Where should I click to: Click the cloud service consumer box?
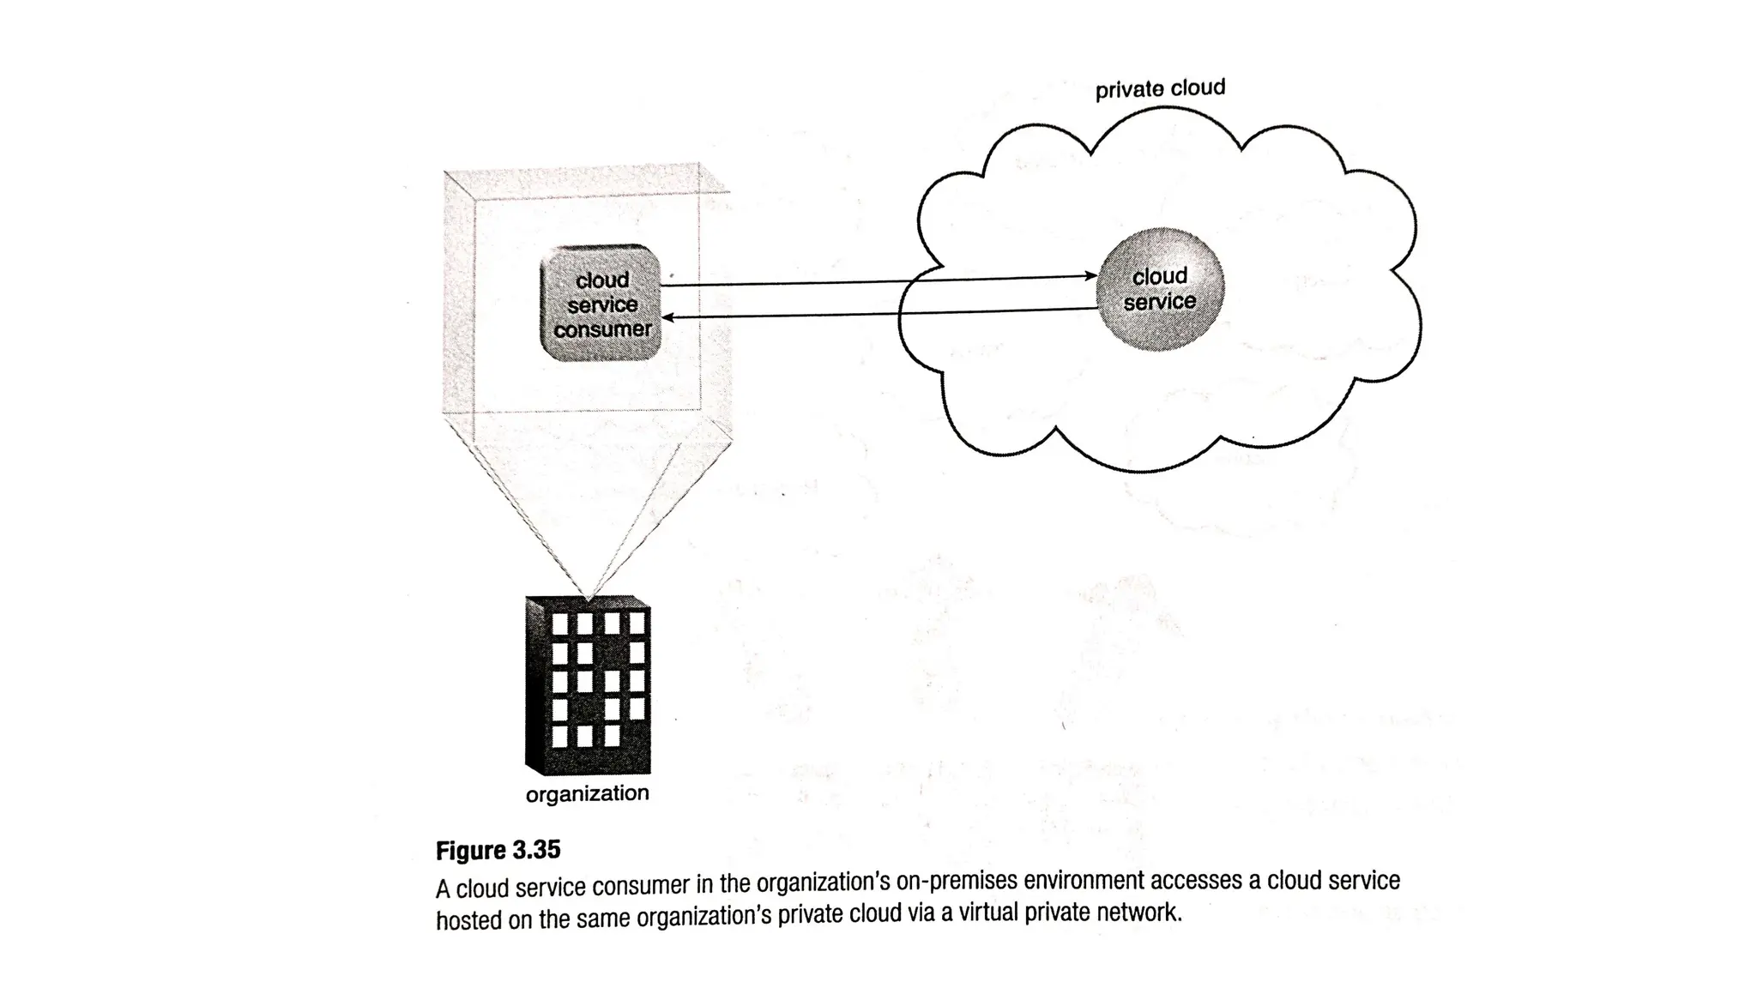coord(601,303)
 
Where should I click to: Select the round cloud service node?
coord(1160,289)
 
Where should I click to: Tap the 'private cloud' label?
coord(1160,89)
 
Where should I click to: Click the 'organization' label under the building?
coord(587,793)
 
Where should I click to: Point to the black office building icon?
coord(589,686)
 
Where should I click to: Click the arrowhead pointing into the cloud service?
coord(1090,276)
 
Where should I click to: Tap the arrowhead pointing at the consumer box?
coord(668,318)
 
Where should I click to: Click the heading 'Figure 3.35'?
coord(498,850)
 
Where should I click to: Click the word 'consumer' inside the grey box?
coord(602,329)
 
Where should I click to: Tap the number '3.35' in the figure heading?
coord(535,850)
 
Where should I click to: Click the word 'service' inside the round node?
coord(1159,302)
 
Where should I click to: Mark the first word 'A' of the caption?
coord(443,888)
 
